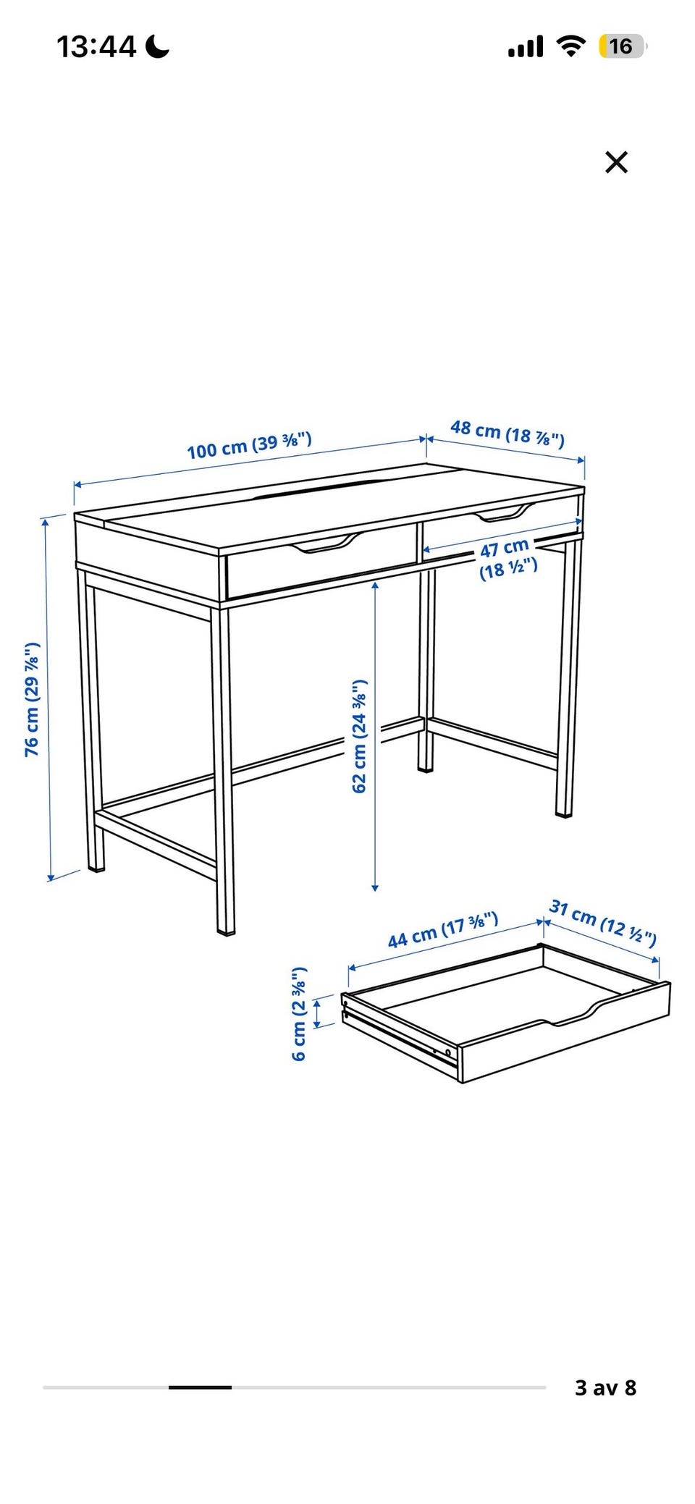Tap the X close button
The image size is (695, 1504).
pos(616,162)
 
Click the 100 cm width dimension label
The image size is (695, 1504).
pos(249,444)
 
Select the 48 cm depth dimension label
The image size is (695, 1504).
pos(507,434)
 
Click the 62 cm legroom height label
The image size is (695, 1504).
pos(360,736)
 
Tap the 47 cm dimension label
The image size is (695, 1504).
pos(507,558)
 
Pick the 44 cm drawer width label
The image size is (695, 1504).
pos(443,930)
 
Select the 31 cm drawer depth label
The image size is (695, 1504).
pos(603,923)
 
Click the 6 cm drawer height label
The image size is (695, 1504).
pos(299,1013)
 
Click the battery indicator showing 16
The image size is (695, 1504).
pos(622,47)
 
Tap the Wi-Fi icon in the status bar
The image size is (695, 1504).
pos(570,47)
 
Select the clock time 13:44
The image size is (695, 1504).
pos(96,47)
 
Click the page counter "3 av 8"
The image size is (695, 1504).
pos(605,1387)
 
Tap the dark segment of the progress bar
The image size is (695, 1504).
pos(201,1387)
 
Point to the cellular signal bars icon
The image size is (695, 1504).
pos(526,48)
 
